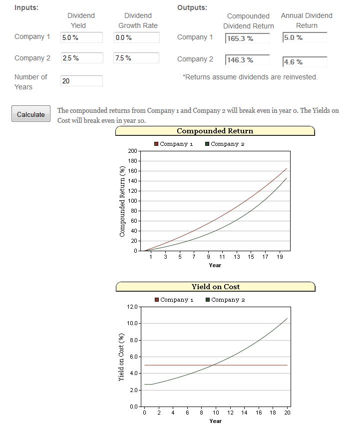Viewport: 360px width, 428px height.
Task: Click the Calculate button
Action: click(31, 114)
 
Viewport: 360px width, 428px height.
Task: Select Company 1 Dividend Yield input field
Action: click(81, 37)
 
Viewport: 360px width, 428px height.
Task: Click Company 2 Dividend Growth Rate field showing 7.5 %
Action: click(136, 58)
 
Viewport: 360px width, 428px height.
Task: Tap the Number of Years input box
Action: click(81, 81)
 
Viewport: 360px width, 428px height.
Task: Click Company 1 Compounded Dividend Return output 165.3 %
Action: click(247, 38)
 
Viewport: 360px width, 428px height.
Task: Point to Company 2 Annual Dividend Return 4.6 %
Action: click(305, 62)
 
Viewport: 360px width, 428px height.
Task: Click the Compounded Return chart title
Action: click(215, 131)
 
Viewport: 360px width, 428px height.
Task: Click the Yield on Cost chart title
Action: click(215, 287)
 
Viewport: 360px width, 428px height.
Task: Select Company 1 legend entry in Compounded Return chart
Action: click(173, 144)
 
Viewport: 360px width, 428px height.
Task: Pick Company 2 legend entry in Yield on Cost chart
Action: click(225, 300)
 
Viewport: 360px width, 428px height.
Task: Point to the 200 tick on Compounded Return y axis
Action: click(132, 151)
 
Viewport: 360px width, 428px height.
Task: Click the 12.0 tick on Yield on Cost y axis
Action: click(132, 307)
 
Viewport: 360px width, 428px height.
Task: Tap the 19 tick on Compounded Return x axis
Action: click(280, 257)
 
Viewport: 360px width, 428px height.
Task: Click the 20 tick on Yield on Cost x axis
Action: click(287, 413)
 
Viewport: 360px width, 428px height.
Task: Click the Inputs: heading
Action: click(26, 7)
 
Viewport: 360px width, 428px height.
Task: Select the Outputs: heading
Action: click(192, 7)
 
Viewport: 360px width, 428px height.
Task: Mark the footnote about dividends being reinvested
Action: click(250, 77)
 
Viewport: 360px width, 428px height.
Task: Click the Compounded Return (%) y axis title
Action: click(122, 201)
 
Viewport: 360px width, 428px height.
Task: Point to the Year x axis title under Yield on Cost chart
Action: click(215, 421)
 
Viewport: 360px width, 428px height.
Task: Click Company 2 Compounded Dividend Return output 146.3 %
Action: click(247, 60)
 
